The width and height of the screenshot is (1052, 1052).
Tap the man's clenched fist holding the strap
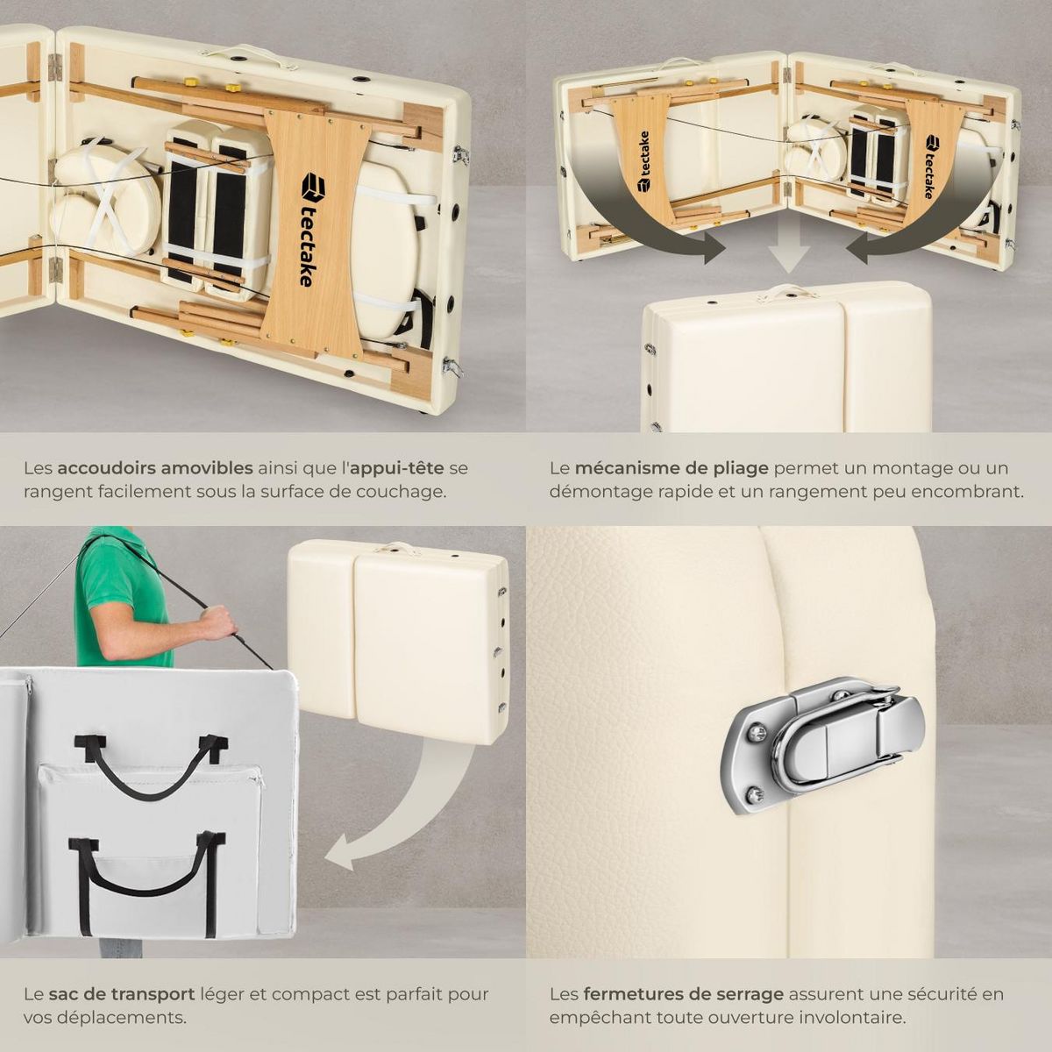click(x=221, y=622)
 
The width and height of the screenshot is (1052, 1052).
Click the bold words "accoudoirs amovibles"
click(x=155, y=468)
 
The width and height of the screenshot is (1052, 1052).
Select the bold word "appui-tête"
click(x=396, y=469)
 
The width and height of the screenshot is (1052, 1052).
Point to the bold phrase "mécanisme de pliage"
click(x=672, y=469)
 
